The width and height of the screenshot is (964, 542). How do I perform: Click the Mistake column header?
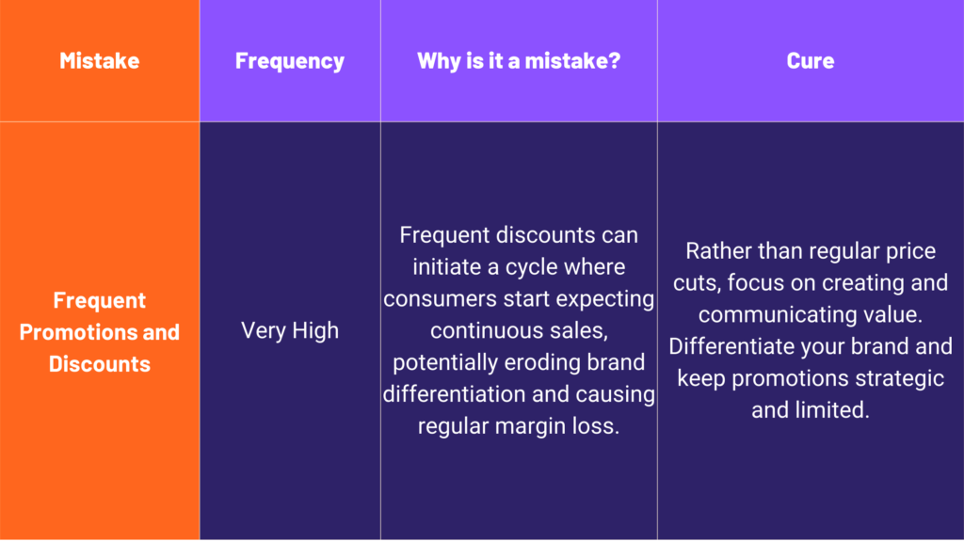100,60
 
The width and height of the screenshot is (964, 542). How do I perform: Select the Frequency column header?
290,61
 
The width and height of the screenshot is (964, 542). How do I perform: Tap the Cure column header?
811,60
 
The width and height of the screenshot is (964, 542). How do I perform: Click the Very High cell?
290,330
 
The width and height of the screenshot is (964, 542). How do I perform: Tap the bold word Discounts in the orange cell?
100,364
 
